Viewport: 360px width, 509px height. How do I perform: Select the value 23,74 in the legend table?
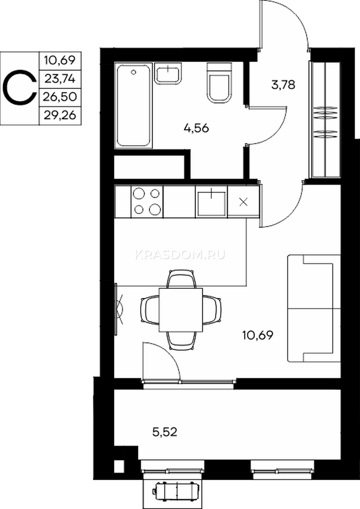pos(60,79)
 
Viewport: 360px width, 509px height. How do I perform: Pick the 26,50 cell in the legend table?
pos(60,97)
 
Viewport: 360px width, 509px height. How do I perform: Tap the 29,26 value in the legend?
pos(60,116)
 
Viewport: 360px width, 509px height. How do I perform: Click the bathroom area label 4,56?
pos(196,129)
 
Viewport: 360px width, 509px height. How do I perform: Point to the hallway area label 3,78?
pos(283,85)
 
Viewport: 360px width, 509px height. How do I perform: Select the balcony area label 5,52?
pos(165,432)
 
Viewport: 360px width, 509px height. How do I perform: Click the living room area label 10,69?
pos(257,336)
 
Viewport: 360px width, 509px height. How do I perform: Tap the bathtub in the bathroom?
pos(134,105)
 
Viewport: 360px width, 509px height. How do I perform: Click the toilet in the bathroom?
pos(219,83)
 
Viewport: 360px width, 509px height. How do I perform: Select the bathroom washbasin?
pos(168,73)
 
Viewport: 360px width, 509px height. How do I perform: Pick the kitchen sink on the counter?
pos(212,202)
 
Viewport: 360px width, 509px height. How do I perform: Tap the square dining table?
pos(181,310)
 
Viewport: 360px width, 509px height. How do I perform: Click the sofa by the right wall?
pos(314,309)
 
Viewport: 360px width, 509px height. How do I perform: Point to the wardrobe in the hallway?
pos(325,120)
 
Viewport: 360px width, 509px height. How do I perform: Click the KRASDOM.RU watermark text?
pos(180,255)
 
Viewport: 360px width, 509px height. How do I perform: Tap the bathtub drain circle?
pos(134,72)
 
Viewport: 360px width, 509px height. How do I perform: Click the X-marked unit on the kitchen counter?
pos(244,202)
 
